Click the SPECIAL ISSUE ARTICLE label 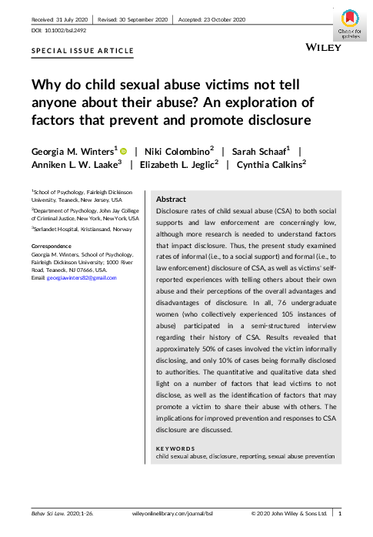point(82,52)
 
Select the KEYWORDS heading point(175,448)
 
